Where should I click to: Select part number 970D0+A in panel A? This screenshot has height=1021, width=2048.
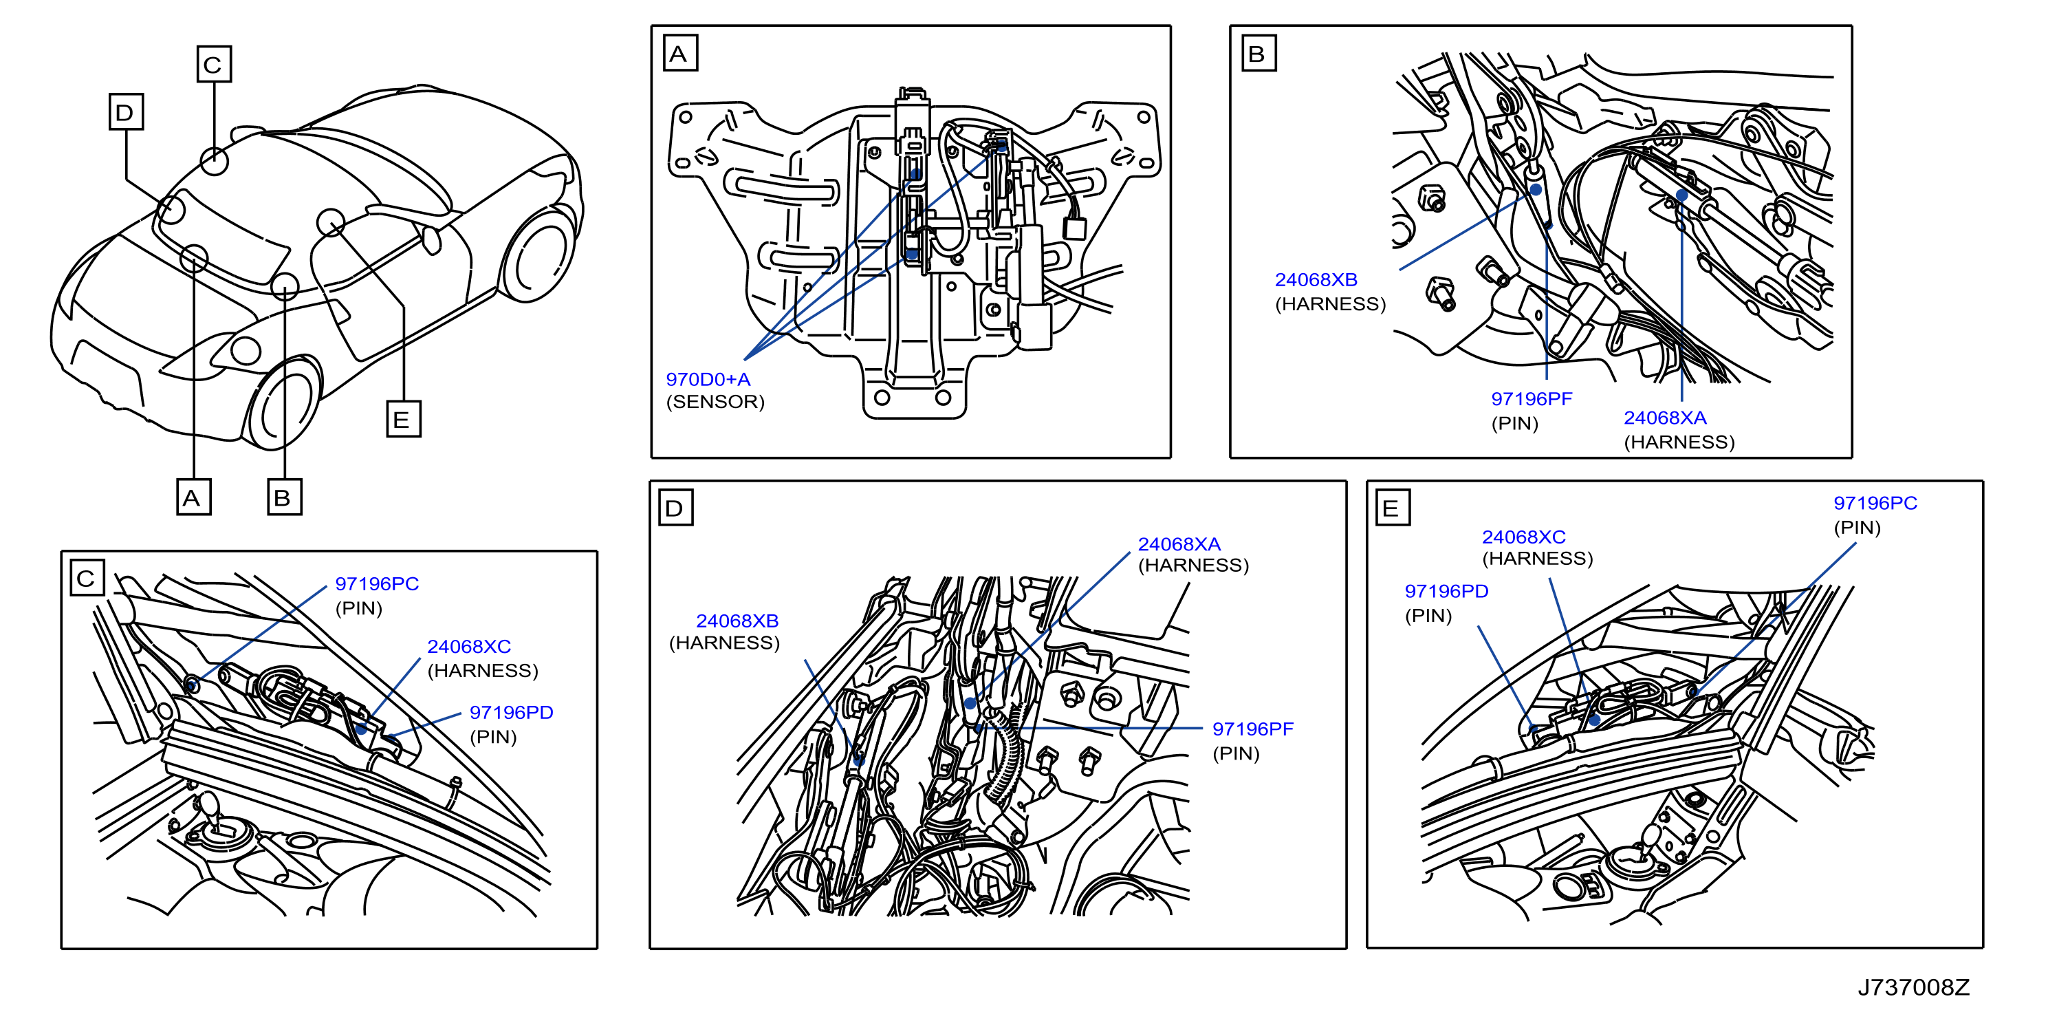tap(708, 379)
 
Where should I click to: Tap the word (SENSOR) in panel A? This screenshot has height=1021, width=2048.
tap(715, 402)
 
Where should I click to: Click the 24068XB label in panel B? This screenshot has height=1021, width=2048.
tap(1316, 280)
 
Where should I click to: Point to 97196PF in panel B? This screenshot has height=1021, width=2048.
tap(1532, 399)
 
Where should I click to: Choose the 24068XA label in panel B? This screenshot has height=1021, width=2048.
tap(1665, 418)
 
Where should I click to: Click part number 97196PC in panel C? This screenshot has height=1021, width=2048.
tap(377, 583)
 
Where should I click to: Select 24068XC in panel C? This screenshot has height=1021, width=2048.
tap(469, 647)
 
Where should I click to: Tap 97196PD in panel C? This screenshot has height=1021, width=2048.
tap(511, 713)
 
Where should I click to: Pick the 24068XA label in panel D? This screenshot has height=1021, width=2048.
tap(1179, 544)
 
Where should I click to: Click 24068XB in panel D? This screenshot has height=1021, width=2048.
tap(737, 621)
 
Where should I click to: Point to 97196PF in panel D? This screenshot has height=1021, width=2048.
tap(1253, 729)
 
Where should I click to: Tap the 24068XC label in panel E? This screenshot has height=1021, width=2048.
tap(1524, 537)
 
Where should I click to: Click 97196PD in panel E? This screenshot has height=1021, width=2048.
tap(1446, 592)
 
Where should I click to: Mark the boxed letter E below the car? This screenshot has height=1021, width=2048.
tap(404, 419)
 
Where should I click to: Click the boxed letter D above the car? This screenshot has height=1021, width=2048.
tap(127, 111)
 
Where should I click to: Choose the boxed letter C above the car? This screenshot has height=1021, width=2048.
tap(214, 63)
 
